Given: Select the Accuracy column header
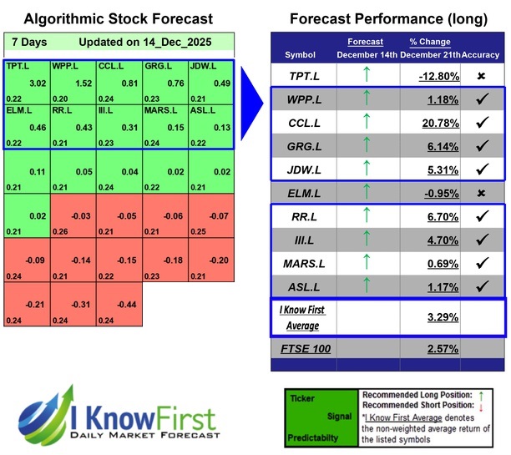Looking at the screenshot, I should click(481, 55).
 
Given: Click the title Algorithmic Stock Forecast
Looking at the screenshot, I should click(117, 18).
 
